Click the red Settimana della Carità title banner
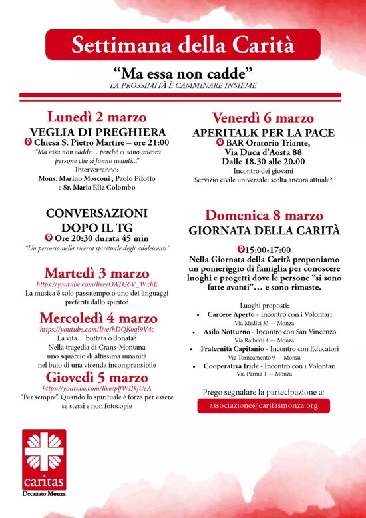pos(182,45)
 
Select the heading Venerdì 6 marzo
pos(263,117)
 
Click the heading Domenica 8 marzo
pos(264,215)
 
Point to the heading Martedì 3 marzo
pos(97,273)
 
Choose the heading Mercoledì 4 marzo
pos(98,318)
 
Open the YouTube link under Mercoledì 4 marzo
pos(97,329)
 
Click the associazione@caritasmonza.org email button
pos(264,405)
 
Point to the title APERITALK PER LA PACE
pos(264,132)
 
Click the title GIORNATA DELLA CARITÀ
pos(264,231)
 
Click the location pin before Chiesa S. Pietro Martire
pos(29,142)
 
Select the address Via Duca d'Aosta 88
pos(264,153)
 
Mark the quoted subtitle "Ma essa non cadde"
pos(182,73)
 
